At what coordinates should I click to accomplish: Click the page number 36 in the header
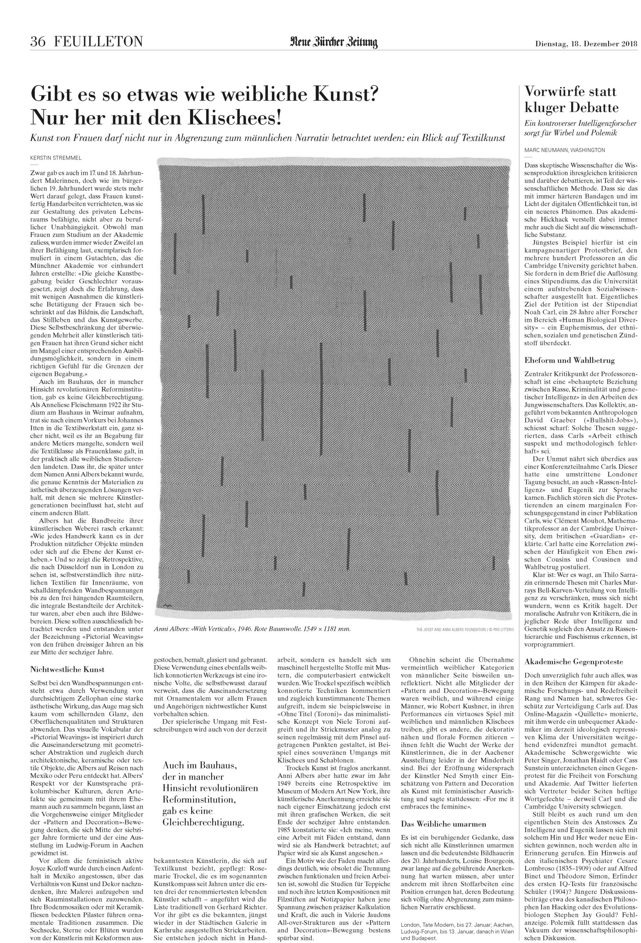click(x=39, y=41)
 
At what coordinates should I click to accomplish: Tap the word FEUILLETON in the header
click(x=98, y=41)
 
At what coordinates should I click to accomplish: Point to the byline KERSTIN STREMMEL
click(x=53, y=157)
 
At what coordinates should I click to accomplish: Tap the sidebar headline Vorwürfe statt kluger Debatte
click(x=571, y=99)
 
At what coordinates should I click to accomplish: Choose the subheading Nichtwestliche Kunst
click(x=67, y=669)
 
